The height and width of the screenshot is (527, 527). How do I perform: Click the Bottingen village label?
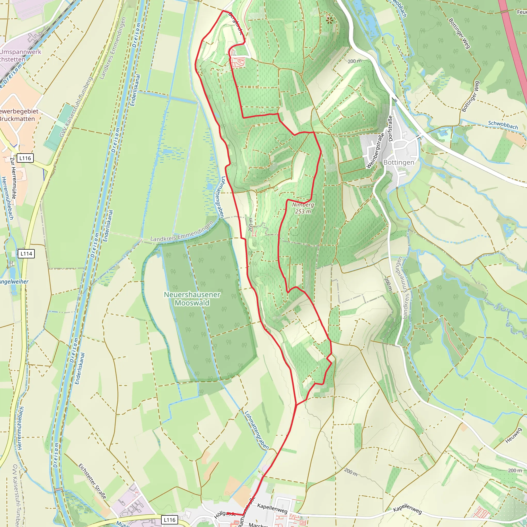[x=399, y=163]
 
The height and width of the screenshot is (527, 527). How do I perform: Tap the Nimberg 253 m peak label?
[x=303, y=208]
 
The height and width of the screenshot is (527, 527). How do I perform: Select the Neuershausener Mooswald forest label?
[x=192, y=299]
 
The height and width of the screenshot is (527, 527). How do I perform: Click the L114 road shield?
[x=27, y=254]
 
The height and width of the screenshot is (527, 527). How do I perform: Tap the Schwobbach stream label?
[x=503, y=125]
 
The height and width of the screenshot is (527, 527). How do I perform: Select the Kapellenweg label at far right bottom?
[x=407, y=509]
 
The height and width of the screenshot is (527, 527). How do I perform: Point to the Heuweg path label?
[x=513, y=436]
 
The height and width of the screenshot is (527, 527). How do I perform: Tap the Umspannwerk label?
[x=21, y=52]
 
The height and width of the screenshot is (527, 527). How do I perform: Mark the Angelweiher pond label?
[x=14, y=282]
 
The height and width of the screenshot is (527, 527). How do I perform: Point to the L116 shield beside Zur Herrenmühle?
[x=25, y=158]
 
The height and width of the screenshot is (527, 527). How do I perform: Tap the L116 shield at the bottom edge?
[x=169, y=520]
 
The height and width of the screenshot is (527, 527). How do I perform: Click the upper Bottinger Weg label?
[x=459, y=33]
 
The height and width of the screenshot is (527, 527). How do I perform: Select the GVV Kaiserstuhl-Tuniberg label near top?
[x=76, y=107]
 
